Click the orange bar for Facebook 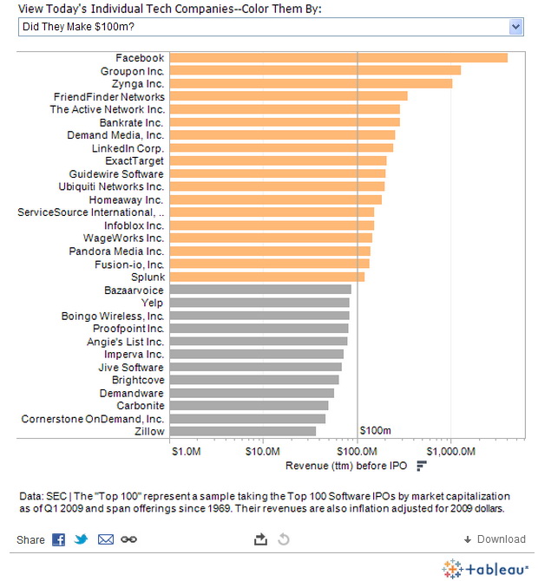(x=338, y=58)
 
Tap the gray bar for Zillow (x=243, y=431)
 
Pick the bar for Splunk (x=267, y=277)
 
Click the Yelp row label (x=153, y=303)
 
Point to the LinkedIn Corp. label (x=128, y=148)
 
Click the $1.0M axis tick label (x=186, y=452)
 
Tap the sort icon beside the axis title (x=422, y=466)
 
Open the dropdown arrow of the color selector (x=516, y=27)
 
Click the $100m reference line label (x=375, y=431)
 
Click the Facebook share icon (x=59, y=539)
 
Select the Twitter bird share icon (x=82, y=539)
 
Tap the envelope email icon (x=106, y=539)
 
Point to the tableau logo (x=485, y=569)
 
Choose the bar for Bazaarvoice (x=260, y=290)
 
